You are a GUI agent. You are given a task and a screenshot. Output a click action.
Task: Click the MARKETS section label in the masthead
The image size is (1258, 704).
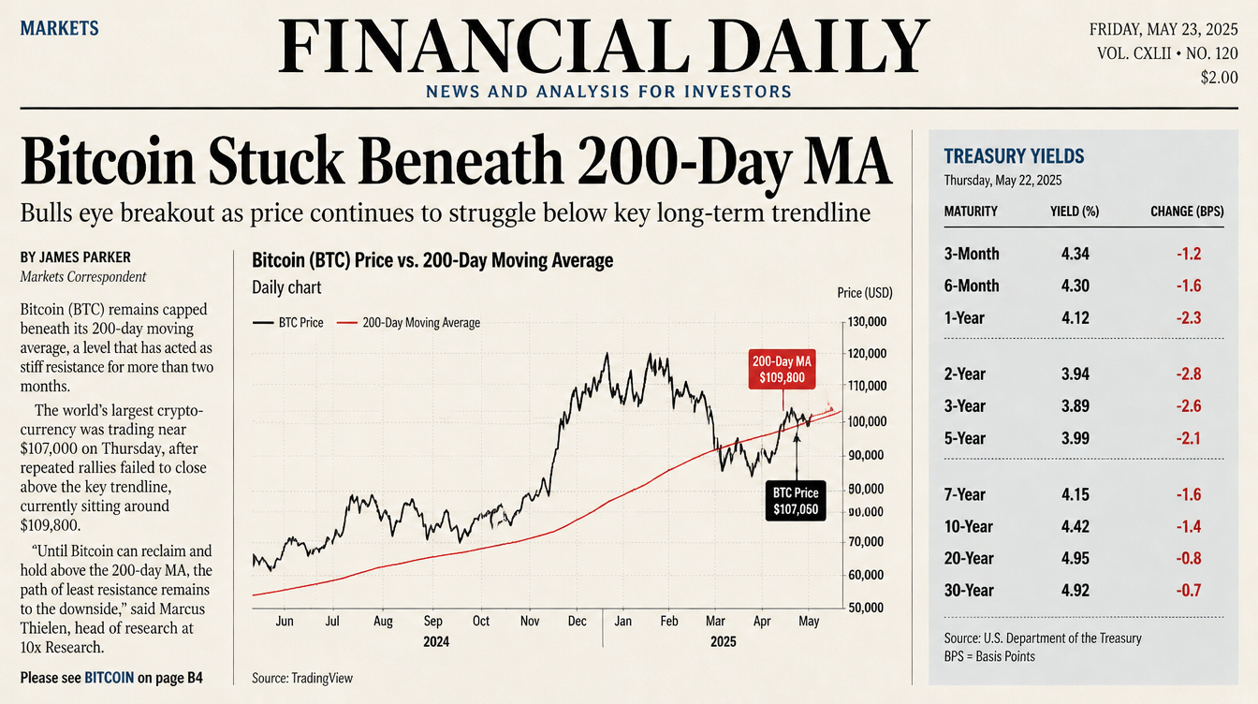(x=60, y=28)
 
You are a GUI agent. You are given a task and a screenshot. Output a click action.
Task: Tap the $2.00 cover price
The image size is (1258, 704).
(x=1219, y=78)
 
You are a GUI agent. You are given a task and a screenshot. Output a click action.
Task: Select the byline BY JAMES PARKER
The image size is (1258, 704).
(x=75, y=257)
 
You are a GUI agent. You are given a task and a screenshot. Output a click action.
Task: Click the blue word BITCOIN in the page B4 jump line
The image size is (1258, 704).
(x=109, y=678)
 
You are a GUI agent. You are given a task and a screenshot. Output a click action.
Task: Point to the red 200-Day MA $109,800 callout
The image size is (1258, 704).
(x=782, y=369)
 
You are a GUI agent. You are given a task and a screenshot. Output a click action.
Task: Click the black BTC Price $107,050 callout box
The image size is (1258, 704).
(x=796, y=501)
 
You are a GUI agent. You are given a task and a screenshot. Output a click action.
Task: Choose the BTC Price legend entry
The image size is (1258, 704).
(x=288, y=322)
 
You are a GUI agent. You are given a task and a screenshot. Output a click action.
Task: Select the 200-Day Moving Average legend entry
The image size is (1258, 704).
(x=408, y=322)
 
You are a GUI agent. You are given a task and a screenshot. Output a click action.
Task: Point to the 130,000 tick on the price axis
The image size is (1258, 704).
(x=867, y=322)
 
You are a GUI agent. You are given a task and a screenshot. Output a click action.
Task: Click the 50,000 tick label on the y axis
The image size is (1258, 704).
(x=866, y=608)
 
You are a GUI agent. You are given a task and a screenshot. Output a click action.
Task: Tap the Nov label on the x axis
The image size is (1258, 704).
(x=530, y=621)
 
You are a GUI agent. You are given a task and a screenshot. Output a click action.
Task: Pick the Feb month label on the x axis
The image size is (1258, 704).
(x=669, y=621)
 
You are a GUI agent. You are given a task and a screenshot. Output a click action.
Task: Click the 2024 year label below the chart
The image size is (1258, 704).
(x=436, y=641)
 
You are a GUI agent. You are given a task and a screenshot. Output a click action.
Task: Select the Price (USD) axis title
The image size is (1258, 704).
(x=864, y=293)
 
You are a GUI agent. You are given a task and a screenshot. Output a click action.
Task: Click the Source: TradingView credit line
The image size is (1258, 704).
(x=302, y=678)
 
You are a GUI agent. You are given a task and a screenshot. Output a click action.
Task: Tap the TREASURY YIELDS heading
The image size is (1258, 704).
(x=1014, y=156)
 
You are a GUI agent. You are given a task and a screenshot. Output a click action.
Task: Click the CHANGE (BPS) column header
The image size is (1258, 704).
(x=1187, y=212)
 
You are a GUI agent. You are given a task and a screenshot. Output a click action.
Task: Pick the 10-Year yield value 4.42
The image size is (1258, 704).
(x=1075, y=526)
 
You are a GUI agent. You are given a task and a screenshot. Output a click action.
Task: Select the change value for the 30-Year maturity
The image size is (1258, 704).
(x=1189, y=591)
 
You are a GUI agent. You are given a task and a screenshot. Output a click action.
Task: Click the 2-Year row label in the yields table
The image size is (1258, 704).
(x=964, y=374)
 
